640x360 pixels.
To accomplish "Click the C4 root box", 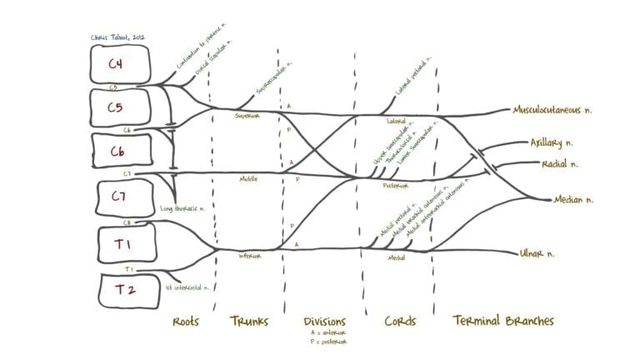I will [119, 63].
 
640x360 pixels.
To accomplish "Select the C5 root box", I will [119, 107].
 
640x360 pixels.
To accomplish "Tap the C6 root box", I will [119, 151].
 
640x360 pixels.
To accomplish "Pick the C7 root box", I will [119, 197].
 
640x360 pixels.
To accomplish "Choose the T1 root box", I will [119, 246].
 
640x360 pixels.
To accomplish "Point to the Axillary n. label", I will [552, 142].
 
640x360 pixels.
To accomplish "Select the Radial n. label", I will [560, 163].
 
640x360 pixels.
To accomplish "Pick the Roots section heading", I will [185, 322].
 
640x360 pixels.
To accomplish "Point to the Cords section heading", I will [400, 322].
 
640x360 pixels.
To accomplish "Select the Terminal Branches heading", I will [503, 322].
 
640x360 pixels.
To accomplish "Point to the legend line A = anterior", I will [322, 333].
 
